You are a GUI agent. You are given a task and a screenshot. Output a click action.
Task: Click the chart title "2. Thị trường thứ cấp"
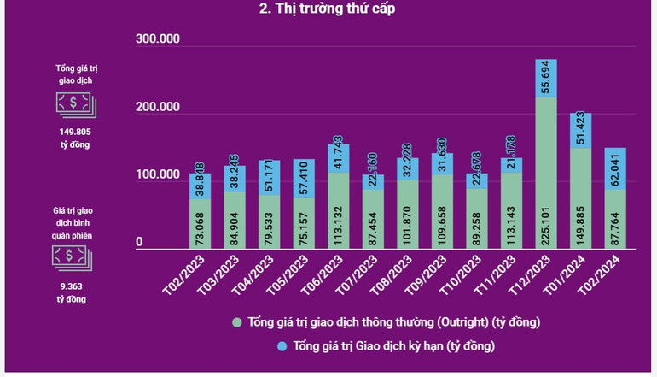point(328,9)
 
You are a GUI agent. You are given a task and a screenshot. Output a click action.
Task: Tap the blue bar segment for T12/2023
point(546,78)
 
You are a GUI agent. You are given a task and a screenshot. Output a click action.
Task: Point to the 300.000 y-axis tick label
point(158,39)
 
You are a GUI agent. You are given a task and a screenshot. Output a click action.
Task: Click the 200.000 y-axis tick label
point(158,108)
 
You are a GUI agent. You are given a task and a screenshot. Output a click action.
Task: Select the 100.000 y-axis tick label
point(158,175)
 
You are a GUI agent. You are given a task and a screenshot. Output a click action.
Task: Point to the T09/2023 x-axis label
point(427,274)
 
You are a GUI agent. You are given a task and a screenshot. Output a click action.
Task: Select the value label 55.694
point(547,78)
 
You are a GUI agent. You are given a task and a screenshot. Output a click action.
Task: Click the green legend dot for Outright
point(237,322)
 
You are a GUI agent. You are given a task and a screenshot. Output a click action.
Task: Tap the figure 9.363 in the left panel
point(72,286)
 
